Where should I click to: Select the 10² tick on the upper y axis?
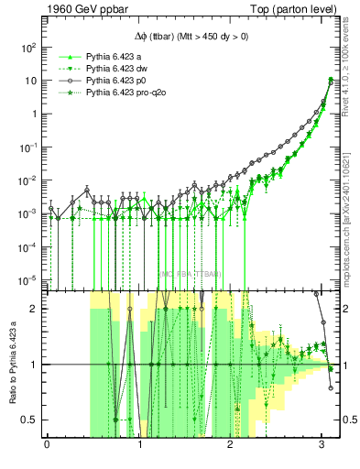[x=30, y=47]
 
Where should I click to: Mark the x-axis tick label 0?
[x=47, y=447]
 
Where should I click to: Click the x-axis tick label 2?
[x=230, y=447]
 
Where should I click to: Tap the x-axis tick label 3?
[x=322, y=447]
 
